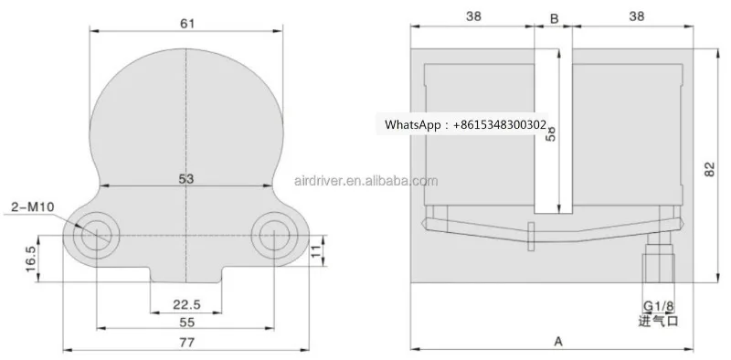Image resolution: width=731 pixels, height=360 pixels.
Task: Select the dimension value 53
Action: (186, 179)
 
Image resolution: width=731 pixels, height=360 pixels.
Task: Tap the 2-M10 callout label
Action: (34, 207)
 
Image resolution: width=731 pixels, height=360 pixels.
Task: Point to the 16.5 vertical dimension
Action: (30, 259)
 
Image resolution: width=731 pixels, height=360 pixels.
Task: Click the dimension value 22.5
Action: (186, 304)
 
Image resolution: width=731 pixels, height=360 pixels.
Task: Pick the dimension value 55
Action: (186, 323)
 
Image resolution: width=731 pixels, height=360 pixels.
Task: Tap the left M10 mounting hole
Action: (96, 234)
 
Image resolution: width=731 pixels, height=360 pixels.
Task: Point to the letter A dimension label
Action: (557, 341)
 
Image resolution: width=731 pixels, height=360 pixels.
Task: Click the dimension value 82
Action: (709, 170)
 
